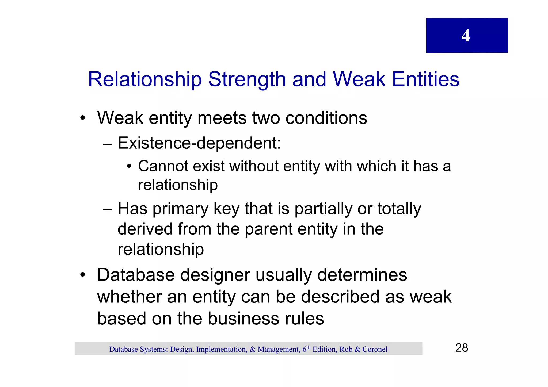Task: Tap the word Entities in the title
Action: click(425, 79)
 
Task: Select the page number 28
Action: click(462, 348)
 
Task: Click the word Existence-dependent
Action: click(199, 143)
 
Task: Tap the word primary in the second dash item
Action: click(180, 209)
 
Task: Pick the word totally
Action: click(399, 209)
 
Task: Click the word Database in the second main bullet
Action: click(136, 275)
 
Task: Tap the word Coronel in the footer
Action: click(375, 349)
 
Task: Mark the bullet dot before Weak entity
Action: click(83, 118)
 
